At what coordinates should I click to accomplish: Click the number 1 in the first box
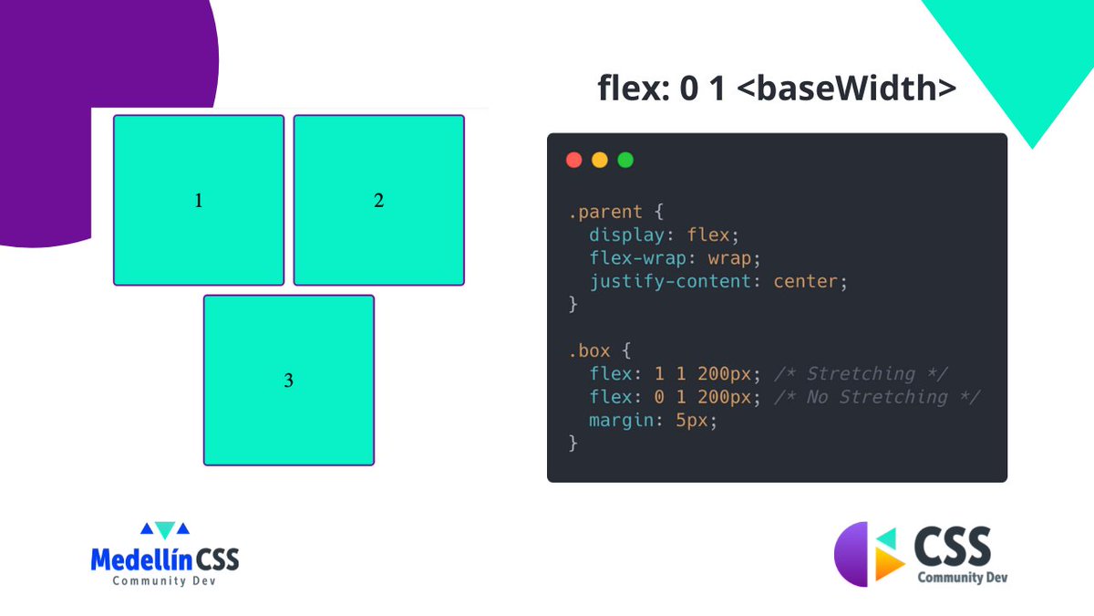(x=199, y=201)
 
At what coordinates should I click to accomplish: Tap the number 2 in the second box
(x=379, y=201)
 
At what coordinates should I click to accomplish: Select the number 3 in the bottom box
(x=289, y=381)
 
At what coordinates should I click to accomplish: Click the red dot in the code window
(x=574, y=161)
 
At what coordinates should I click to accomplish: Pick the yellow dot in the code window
(x=600, y=161)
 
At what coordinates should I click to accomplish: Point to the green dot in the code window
(x=625, y=161)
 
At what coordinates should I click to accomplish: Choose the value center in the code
(x=806, y=281)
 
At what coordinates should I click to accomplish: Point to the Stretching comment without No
(x=861, y=373)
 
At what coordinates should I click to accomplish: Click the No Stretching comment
(x=876, y=397)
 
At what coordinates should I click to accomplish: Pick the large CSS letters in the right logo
(x=952, y=547)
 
